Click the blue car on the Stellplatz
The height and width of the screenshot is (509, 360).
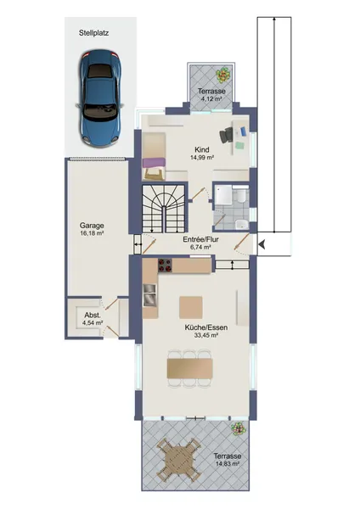coord(101,98)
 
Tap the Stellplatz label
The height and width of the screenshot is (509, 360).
coord(93,33)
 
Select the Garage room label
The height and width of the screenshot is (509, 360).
coord(92,226)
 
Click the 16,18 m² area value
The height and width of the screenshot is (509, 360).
coord(92,233)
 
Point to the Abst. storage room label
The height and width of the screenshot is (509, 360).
coord(93,315)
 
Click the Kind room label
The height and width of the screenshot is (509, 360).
coord(201,149)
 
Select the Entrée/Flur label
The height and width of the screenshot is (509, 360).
coord(200,239)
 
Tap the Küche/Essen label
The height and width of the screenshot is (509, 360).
coord(206,327)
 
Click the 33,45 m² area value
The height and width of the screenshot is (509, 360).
coord(206,335)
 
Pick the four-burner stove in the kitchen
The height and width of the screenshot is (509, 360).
coord(165,266)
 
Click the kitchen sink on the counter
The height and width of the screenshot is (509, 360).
coord(149,294)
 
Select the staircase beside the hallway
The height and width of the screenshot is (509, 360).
coord(164,208)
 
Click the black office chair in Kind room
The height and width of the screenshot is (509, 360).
coord(227,135)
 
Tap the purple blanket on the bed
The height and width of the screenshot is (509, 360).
coord(154,163)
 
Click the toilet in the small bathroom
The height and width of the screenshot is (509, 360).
coord(241,195)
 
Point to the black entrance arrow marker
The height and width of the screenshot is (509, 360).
coord(262,244)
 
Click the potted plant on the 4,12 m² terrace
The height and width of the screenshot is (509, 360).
coord(223,75)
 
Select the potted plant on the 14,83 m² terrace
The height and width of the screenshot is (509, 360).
coord(238,428)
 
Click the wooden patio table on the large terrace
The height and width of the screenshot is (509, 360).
coord(179,460)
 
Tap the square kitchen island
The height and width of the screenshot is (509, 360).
coord(191,307)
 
